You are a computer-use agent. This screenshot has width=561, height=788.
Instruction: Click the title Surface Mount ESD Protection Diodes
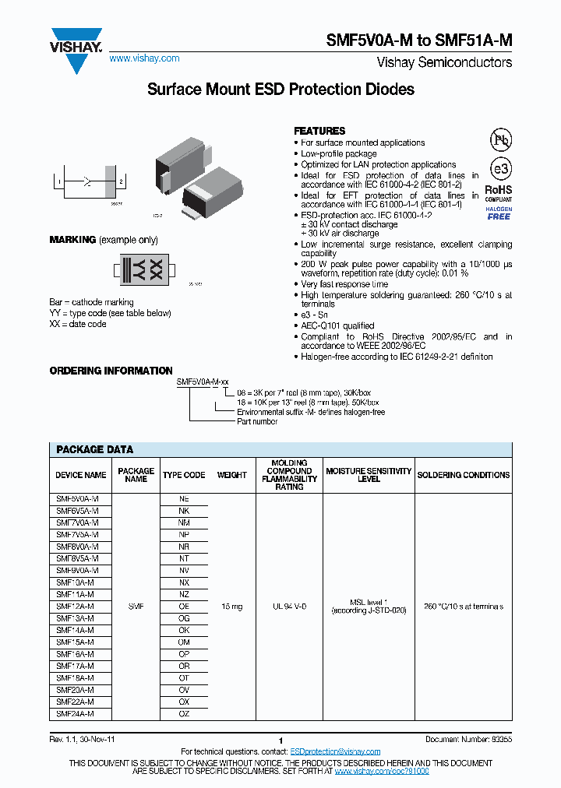(280, 90)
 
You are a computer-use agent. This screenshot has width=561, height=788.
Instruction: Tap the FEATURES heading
(319, 131)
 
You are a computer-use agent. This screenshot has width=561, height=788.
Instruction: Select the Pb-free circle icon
(499, 140)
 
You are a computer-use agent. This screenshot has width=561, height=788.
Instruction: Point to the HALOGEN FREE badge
(499, 213)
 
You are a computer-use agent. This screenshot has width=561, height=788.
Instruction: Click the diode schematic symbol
(87, 183)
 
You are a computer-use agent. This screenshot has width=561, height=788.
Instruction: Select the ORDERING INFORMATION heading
(111, 371)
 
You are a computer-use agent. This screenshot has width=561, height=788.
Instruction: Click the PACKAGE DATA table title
(94, 449)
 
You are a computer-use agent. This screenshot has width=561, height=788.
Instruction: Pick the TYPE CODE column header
(184, 474)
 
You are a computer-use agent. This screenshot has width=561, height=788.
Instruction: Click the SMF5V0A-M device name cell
(77, 498)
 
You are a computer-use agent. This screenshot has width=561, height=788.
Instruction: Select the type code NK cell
(184, 511)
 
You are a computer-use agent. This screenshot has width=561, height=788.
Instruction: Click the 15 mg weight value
(231, 606)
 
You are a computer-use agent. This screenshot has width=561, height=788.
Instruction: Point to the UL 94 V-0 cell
(288, 606)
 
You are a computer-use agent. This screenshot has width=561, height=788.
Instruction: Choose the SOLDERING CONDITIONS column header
(464, 474)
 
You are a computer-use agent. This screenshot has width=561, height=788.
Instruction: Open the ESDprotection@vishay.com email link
(335, 751)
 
